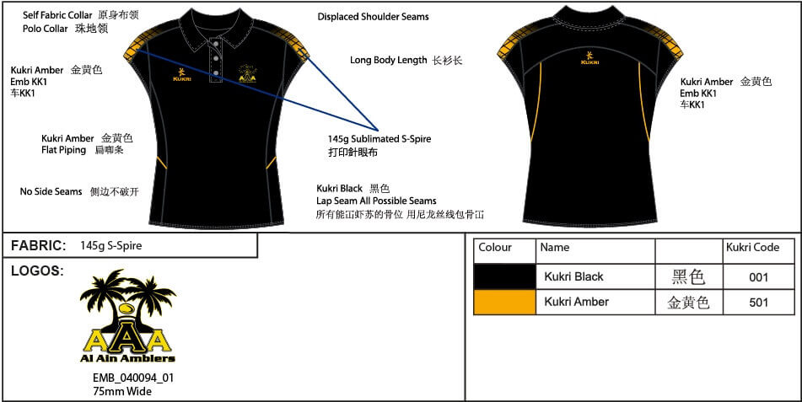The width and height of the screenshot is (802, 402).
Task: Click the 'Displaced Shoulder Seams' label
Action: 373,17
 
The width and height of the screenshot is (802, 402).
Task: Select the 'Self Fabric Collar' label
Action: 57,15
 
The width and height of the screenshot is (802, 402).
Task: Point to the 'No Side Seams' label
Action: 51,192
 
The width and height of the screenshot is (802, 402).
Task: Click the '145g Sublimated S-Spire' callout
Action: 379,139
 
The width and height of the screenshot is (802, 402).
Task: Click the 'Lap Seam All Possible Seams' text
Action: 376,201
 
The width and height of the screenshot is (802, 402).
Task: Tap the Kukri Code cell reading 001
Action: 758,276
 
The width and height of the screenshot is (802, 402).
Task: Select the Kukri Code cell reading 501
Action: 758,303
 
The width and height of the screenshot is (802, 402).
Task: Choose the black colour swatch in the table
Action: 504,276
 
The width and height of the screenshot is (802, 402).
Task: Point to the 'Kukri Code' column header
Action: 752,248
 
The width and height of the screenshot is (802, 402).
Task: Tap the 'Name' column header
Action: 555,248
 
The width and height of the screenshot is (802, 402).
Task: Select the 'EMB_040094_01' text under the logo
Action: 133,378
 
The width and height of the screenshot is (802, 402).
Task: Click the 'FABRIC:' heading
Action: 38,246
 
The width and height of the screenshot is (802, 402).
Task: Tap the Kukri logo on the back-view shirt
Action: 590,59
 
